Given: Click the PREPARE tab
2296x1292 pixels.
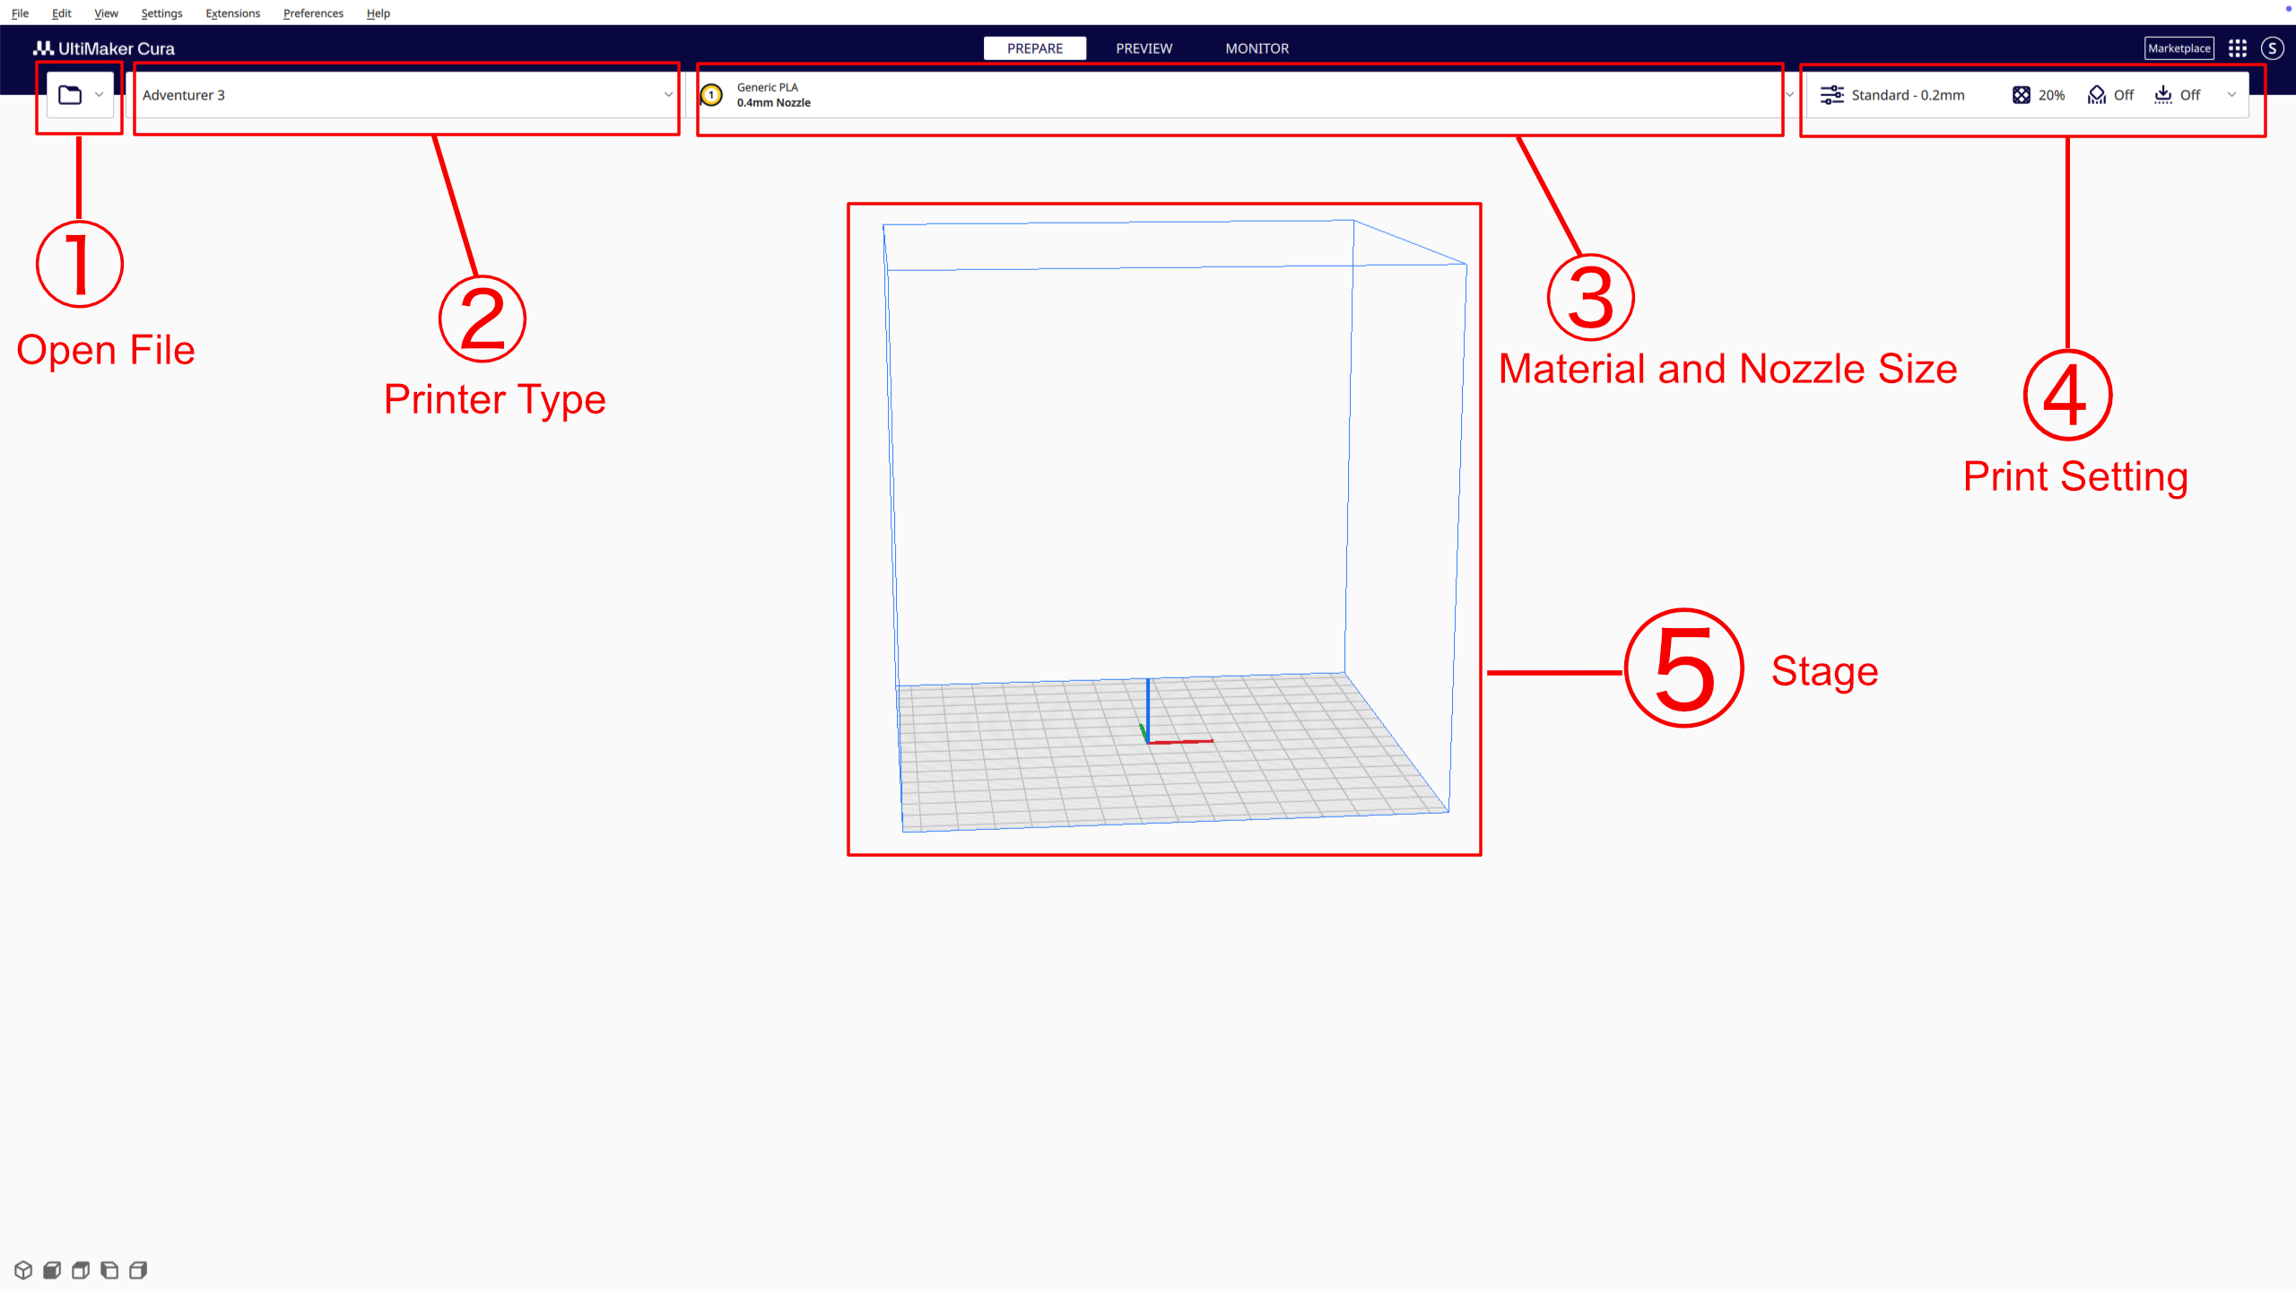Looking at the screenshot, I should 1034,48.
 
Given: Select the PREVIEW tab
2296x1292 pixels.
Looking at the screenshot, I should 1144,48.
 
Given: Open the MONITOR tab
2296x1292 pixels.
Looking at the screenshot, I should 1257,48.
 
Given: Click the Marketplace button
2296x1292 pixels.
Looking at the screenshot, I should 2179,48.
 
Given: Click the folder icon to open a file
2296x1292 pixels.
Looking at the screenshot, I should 70,94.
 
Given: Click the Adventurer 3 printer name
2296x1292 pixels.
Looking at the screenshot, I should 184,95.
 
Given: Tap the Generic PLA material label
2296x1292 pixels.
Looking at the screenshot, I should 767,87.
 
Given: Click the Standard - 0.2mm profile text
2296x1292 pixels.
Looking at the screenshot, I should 1908,95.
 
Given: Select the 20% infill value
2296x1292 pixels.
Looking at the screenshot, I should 2050,95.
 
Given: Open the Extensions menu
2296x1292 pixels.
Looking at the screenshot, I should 232,13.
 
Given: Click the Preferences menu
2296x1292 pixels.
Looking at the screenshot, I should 313,13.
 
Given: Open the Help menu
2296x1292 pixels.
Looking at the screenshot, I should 378,13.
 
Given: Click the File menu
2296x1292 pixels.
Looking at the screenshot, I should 20,13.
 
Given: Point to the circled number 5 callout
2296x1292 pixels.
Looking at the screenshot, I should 1683,668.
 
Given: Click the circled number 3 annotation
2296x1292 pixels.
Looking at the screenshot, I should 1590,298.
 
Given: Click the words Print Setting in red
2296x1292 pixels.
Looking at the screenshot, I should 2075,476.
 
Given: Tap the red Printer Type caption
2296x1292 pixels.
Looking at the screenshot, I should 494,399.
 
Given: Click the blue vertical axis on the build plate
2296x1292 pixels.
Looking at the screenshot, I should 1147,704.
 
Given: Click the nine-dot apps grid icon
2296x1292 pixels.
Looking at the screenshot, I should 2238,48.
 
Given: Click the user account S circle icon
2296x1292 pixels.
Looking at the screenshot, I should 2272,48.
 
